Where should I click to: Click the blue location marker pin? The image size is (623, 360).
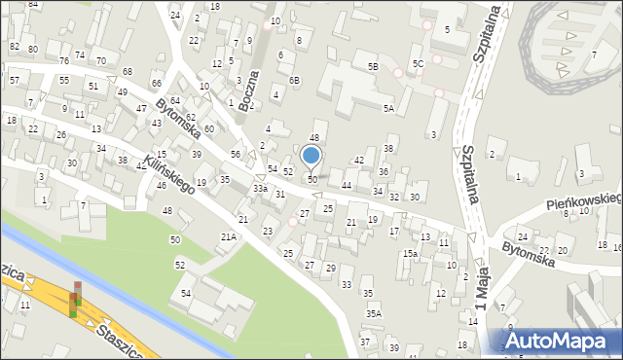coord(311,156)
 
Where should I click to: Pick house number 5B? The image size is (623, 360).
coord(373,66)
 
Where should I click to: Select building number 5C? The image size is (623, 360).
coord(417,64)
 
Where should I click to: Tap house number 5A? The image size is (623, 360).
coord(388,108)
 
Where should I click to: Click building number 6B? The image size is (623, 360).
coord(294,80)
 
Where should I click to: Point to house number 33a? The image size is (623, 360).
coord(260,188)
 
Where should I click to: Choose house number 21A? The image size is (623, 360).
coord(229,236)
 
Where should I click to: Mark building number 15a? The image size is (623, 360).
coord(411,253)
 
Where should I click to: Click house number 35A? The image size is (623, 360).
coord(374,313)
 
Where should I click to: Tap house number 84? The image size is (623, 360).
coord(33,5)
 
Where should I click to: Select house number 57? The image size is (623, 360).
coord(14,79)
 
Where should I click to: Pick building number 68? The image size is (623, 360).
coord(128,72)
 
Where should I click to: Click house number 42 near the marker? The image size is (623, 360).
coord(359,160)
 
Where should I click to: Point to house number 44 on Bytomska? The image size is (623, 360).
coord(347,185)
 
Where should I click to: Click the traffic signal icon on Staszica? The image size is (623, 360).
coord(76,300)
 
